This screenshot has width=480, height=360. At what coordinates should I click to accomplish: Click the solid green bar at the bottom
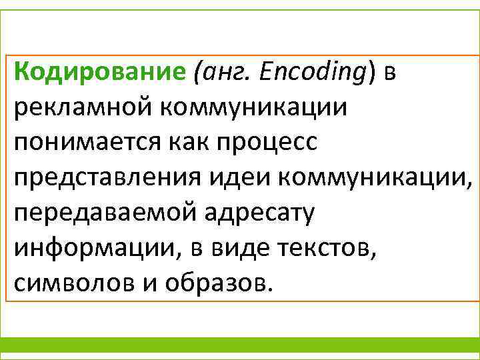(x=240, y=345)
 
